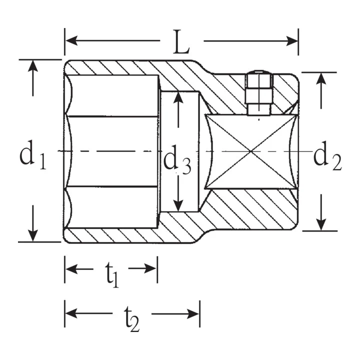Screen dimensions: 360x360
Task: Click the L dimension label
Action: click(181, 42)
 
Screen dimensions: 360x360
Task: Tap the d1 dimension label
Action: click(33, 155)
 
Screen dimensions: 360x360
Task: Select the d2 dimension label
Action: click(327, 156)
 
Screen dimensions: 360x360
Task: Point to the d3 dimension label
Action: click(177, 159)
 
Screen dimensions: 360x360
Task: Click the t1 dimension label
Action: click(112, 274)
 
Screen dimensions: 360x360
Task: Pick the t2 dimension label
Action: click(132, 318)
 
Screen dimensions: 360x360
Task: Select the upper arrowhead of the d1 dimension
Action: click(33, 66)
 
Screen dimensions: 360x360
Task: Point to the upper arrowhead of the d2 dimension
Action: click(321, 79)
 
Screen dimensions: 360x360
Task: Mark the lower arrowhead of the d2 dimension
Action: click(321, 224)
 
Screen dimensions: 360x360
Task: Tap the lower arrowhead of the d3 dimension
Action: click(178, 205)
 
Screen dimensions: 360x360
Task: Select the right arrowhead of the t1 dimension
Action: click(150, 268)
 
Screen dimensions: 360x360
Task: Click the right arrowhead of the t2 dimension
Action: click(193, 313)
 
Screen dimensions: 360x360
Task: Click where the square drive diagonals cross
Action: click(251, 151)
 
